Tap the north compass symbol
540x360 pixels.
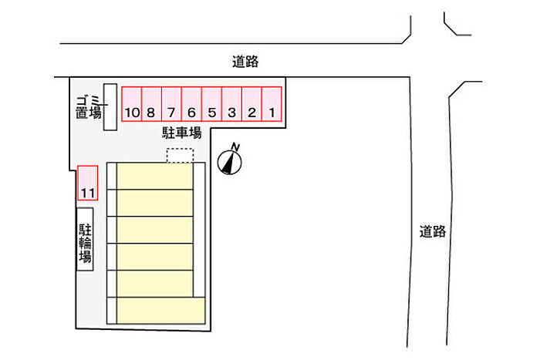pos(231,161)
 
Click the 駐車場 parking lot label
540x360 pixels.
pos(181,133)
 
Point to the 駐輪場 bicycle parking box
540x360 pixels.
pos(85,239)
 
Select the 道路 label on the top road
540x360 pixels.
pos(245,62)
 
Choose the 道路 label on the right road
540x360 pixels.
pos(434,230)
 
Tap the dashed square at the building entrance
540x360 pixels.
pos(179,155)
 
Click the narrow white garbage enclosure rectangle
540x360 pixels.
pos(110,106)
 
